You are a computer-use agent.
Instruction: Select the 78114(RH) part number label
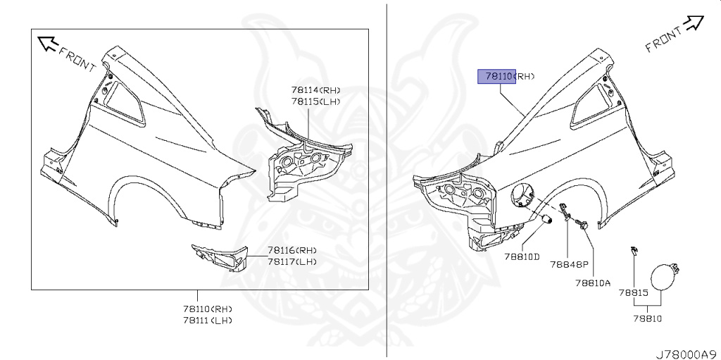[315, 89]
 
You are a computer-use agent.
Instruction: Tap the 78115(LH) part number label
[315, 101]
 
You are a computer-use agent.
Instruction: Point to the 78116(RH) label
[291, 250]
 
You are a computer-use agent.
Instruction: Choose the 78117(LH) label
[291, 261]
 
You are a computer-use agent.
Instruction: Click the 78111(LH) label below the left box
[207, 320]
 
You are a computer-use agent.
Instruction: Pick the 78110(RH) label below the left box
[207, 309]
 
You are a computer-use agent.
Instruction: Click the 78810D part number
[522, 256]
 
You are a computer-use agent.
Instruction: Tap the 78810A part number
[592, 283]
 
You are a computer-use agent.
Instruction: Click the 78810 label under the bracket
[647, 318]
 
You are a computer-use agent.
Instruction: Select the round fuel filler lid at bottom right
[663, 277]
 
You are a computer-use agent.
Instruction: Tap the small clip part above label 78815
[634, 251]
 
